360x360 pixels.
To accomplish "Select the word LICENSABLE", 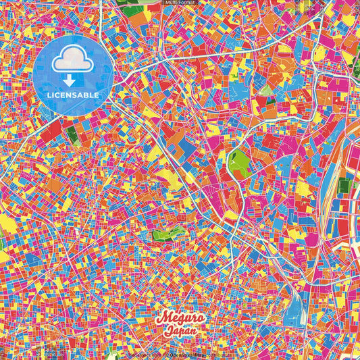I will point(73,95).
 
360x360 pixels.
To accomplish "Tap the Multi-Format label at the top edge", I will point(180,3).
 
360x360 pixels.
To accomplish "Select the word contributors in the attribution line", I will point(218,353).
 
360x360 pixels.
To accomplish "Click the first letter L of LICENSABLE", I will point(49,95).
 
